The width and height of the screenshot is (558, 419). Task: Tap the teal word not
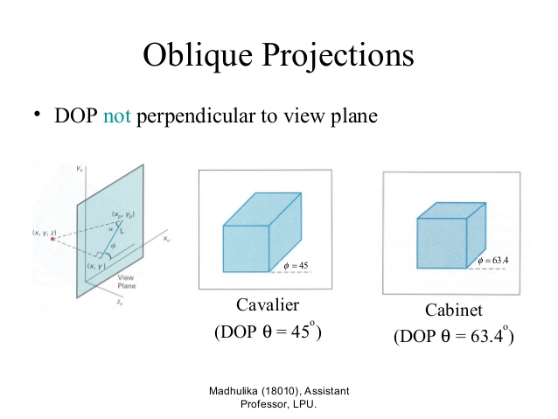[116, 116]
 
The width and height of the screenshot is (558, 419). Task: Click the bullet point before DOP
[38, 115]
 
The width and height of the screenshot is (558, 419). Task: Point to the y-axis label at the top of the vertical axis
[80, 165]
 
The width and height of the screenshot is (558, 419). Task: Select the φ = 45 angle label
[297, 265]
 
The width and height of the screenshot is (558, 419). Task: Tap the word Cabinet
[454, 311]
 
